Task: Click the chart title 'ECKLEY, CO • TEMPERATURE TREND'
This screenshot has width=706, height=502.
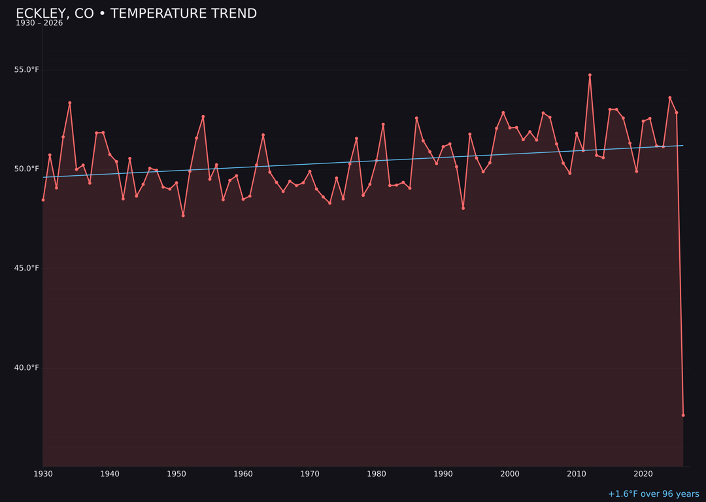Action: tap(136, 14)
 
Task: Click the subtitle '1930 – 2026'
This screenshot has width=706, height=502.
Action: tap(39, 24)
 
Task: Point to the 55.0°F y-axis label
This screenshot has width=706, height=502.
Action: tap(27, 70)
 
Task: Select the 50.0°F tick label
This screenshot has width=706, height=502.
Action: tap(27, 169)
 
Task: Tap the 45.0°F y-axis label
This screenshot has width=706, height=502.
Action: tap(27, 268)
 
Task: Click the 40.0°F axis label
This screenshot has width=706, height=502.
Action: tap(27, 367)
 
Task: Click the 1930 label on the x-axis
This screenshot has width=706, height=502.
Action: tap(43, 474)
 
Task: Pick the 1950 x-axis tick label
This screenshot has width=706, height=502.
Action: tap(176, 474)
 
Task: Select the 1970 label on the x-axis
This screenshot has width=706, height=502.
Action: tap(310, 474)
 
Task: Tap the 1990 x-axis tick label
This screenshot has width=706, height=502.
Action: tap(443, 474)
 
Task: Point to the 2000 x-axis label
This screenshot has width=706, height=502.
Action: tap(510, 474)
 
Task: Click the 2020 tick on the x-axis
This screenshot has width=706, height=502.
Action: tap(643, 474)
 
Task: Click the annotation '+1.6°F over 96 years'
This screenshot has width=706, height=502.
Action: tap(653, 494)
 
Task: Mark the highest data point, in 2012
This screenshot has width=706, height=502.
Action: tap(590, 75)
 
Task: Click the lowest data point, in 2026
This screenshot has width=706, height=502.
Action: tap(683, 415)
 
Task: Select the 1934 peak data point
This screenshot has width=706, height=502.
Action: tap(70, 103)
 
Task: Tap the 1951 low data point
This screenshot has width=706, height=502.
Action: tap(183, 216)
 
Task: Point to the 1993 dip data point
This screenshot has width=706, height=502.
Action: tap(463, 208)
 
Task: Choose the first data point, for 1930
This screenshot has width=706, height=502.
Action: tap(43, 200)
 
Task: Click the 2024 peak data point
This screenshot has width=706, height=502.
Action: tap(669, 97)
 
